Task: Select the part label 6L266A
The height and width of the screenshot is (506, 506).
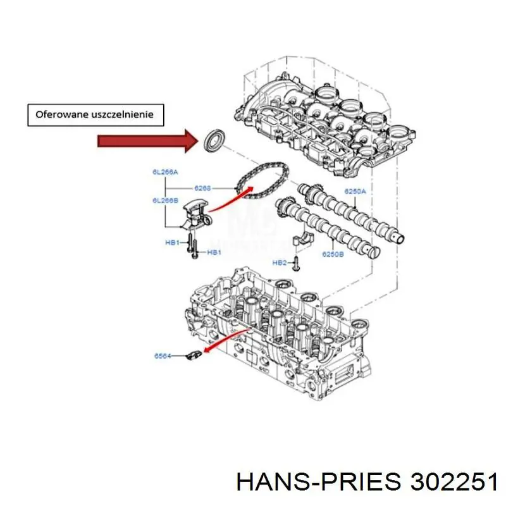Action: [x=164, y=172]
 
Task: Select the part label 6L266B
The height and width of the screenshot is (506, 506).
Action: [x=164, y=201]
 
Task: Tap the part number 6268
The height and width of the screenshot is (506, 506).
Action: [x=203, y=188]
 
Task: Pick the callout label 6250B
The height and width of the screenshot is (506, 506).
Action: [x=333, y=254]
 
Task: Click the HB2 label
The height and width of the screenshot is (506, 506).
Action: [x=279, y=262]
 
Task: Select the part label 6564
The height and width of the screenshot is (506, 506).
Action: [x=163, y=357]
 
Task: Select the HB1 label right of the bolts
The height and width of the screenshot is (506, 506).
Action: [x=214, y=252]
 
